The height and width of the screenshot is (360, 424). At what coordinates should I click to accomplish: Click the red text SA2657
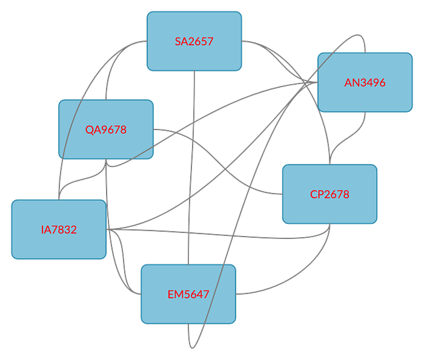tap(194, 41)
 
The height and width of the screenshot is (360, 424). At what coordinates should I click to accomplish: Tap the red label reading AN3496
tap(365, 82)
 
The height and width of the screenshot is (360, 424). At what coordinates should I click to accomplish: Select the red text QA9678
tap(106, 129)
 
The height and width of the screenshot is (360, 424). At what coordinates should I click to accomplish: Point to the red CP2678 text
tap(330, 194)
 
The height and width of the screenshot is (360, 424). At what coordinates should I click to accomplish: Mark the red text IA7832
tap(59, 229)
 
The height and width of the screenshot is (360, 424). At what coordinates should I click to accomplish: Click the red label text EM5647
tap(188, 295)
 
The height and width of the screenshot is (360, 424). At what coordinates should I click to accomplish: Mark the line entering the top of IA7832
tap(59, 182)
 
